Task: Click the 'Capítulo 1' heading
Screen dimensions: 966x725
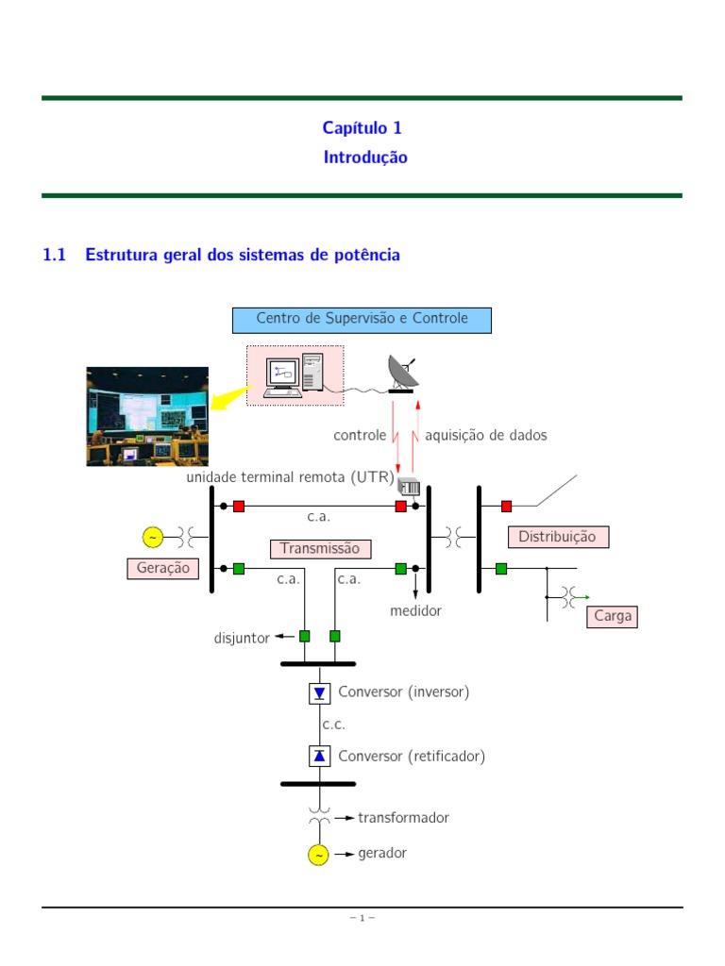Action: point(362,127)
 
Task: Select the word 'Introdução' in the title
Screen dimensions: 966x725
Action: point(365,158)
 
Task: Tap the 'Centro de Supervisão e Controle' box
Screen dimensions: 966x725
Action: point(362,319)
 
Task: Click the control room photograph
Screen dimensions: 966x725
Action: point(147,416)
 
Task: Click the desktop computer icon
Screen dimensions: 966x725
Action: point(294,375)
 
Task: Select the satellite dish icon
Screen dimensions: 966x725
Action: point(404,374)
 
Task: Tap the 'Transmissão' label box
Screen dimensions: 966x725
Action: point(320,548)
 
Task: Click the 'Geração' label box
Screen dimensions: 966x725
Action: point(162,568)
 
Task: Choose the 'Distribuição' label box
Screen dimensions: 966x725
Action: point(558,537)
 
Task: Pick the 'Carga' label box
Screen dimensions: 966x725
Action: point(612,617)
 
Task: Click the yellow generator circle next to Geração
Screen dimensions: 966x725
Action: point(153,537)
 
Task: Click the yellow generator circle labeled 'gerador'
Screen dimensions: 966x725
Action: point(319,855)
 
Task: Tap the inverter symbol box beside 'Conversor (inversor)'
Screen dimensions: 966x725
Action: point(319,693)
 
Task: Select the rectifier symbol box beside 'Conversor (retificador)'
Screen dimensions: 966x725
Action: point(319,756)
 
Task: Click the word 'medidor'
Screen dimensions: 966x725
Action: point(415,611)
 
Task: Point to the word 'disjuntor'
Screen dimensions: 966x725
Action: point(242,639)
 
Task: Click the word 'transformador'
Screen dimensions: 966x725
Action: point(403,818)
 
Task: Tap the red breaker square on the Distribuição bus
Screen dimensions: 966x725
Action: point(507,507)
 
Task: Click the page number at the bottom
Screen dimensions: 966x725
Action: point(362,918)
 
